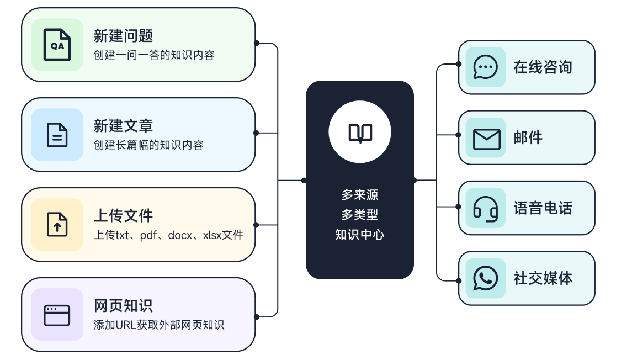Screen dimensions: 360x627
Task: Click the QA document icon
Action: pyautogui.click(x=57, y=45)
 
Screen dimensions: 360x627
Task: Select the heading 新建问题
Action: pyautogui.click(x=123, y=36)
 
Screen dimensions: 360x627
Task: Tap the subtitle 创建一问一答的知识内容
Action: pyautogui.click(x=154, y=55)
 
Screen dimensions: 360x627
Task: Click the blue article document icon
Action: pyautogui.click(x=57, y=135)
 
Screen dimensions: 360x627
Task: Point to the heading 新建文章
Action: pyautogui.click(x=123, y=126)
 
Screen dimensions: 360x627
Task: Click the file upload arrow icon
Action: pyautogui.click(x=57, y=225)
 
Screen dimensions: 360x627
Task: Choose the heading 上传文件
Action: pyautogui.click(x=123, y=216)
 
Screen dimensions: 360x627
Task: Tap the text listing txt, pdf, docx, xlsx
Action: pyautogui.click(x=168, y=235)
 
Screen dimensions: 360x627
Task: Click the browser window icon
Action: pyautogui.click(x=57, y=315)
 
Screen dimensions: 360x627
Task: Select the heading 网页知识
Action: pyautogui.click(x=123, y=306)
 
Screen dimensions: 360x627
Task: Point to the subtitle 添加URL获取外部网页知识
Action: pyautogui.click(x=159, y=325)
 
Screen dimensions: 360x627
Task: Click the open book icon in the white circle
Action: pyautogui.click(x=360, y=133)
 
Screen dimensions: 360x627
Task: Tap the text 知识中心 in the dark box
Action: pyautogui.click(x=360, y=235)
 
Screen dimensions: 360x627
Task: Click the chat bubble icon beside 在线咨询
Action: pyautogui.click(x=486, y=67)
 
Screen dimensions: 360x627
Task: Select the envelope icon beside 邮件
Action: pyautogui.click(x=486, y=138)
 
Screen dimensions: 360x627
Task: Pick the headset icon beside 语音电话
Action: pyautogui.click(x=486, y=208)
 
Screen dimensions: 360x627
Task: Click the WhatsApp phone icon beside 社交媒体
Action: pyautogui.click(x=486, y=278)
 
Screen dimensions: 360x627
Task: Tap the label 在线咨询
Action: pyautogui.click(x=543, y=67)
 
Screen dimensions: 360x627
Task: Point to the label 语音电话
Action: pyautogui.click(x=543, y=208)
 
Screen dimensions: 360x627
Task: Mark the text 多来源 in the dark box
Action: pyautogui.click(x=360, y=195)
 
